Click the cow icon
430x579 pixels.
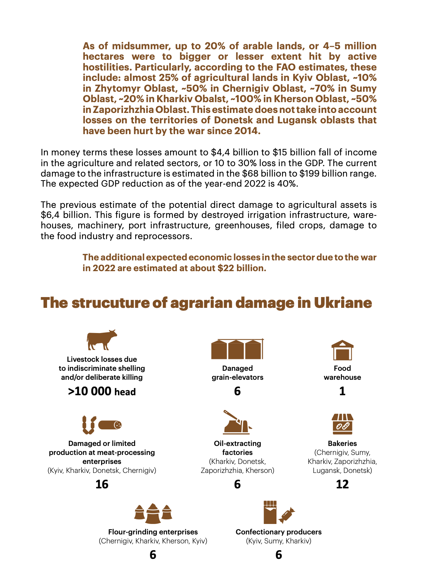coord(102,340)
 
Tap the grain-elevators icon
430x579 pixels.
coord(237,349)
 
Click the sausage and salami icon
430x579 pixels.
coord(102,425)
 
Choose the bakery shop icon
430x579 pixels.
coord(342,424)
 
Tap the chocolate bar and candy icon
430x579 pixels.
coord(279,512)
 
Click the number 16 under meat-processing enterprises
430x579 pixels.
coord(102,484)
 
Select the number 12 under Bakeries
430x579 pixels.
coord(342,484)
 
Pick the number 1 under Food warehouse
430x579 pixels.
coord(342,391)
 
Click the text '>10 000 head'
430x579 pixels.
coord(102,391)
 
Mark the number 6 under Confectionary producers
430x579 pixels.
coord(279,555)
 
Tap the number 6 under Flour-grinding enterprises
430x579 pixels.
coord(153,555)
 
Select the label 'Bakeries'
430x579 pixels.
coord(342,443)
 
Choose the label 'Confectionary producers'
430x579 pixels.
coord(279,532)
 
